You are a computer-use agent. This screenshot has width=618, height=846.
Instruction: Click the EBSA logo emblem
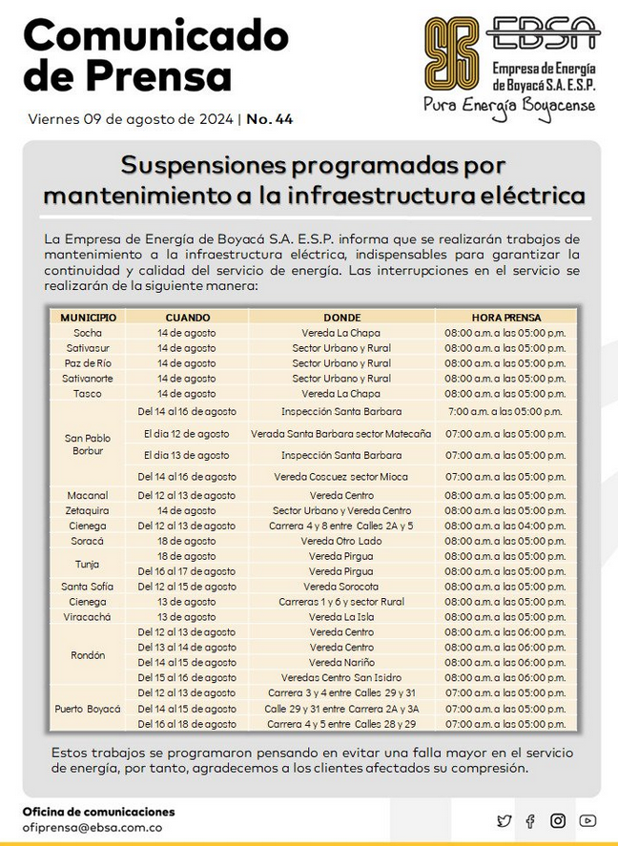click(451, 56)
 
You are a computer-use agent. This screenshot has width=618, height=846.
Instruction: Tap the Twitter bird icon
click(504, 820)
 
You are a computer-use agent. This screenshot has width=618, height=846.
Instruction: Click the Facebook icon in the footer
click(530, 820)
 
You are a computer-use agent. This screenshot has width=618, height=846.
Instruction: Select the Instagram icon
click(558, 820)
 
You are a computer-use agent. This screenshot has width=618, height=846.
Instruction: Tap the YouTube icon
click(587, 820)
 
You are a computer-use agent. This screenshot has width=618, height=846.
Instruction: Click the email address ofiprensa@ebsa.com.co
click(92, 828)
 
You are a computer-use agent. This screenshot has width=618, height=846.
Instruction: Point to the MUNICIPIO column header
click(88, 317)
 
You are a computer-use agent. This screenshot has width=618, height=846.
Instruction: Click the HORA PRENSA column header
click(505, 317)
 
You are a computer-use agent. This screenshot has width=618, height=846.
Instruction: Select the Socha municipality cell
click(88, 333)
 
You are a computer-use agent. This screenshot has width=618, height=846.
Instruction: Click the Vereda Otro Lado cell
click(341, 541)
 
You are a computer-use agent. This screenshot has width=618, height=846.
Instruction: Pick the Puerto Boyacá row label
click(88, 709)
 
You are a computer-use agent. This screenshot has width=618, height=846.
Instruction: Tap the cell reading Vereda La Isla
click(341, 617)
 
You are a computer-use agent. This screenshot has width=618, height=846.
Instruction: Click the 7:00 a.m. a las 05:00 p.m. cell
click(505, 412)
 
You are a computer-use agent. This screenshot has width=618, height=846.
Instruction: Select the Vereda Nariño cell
click(341, 663)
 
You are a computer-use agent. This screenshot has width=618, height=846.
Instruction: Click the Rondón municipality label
click(88, 655)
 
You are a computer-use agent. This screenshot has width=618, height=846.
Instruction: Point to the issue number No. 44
click(270, 119)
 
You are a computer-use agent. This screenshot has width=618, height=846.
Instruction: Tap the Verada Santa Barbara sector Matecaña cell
click(341, 433)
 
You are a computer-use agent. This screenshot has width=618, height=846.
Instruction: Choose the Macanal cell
click(88, 496)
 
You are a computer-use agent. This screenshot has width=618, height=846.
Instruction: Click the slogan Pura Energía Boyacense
click(509, 103)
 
